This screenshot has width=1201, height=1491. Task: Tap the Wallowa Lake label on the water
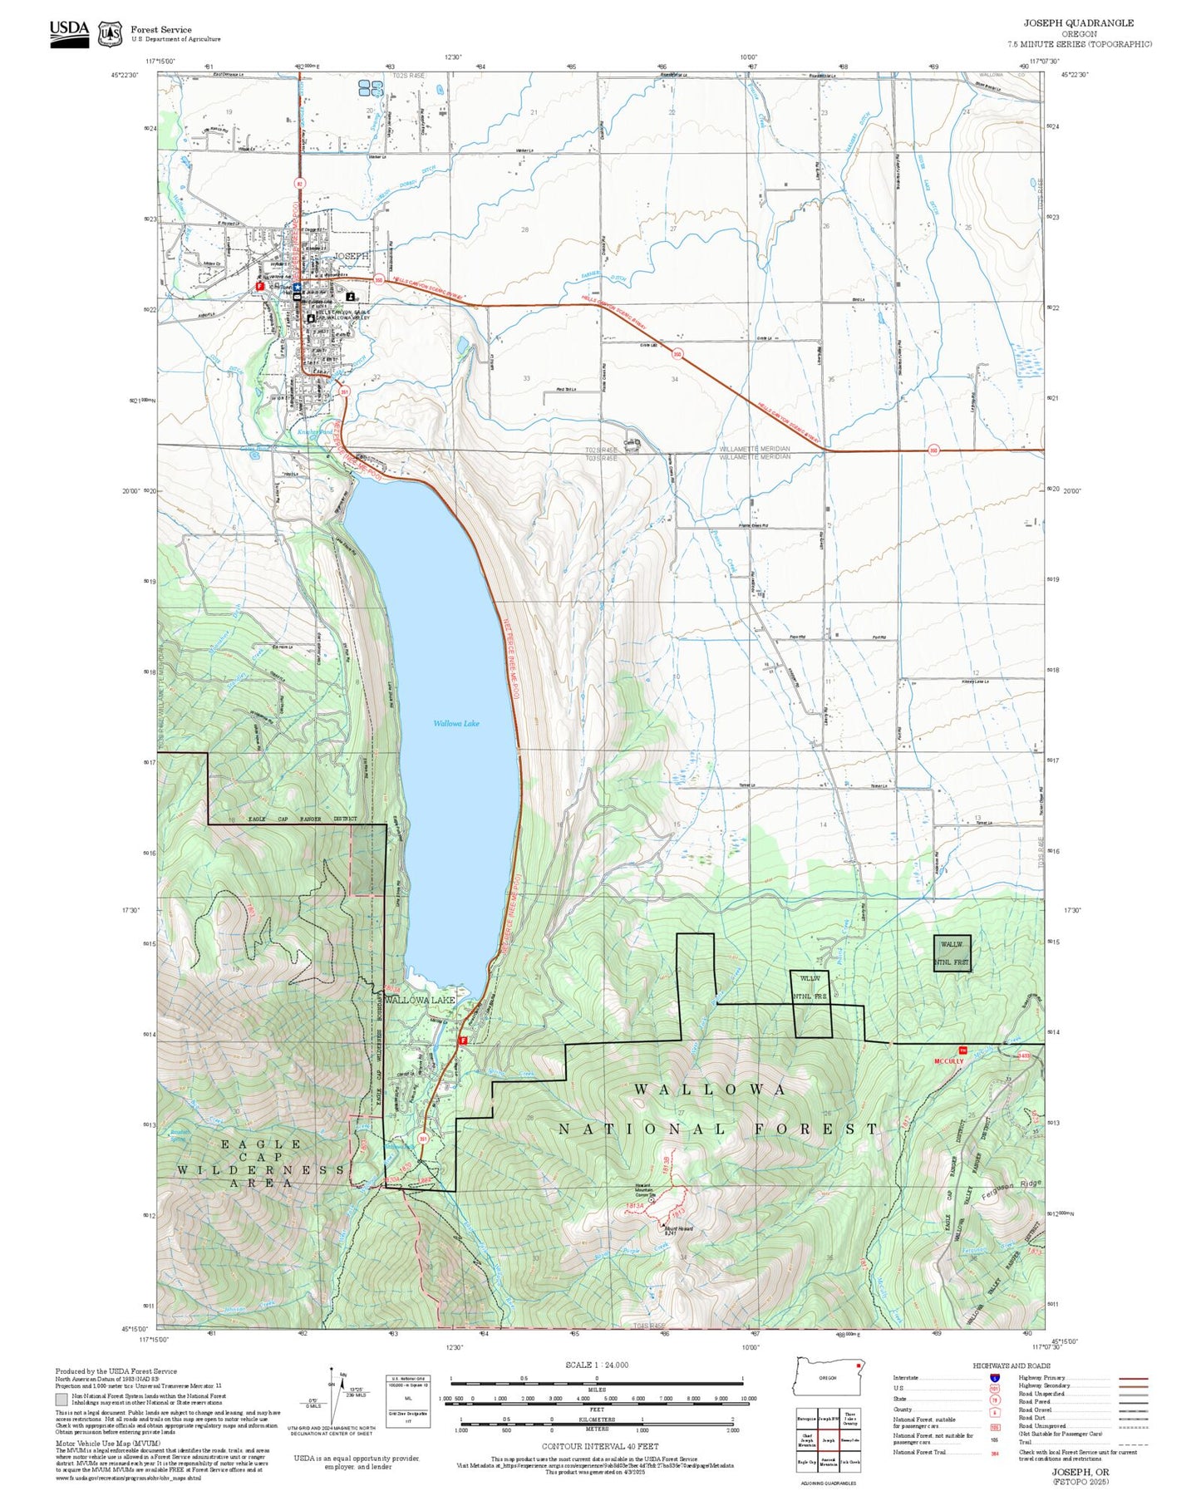(x=456, y=723)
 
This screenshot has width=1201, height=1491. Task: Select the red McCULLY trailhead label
(x=948, y=1061)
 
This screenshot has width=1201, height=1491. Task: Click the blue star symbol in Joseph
(x=297, y=287)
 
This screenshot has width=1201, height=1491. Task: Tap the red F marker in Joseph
(x=260, y=285)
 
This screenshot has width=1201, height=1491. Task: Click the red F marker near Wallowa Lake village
(x=463, y=1040)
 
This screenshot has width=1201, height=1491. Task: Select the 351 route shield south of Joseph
(x=343, y=391)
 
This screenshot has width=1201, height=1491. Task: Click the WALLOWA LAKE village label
(x=419, y=1000)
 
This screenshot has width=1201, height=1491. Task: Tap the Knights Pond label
(x=315, y=432)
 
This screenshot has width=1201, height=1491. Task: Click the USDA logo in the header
(x=69, y=33)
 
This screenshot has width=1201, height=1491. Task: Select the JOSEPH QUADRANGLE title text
(x=1078, y=23)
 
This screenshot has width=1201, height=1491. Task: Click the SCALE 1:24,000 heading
(x=596, y=1365)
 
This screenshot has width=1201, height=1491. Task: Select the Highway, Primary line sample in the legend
(x=1133, y=1377)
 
